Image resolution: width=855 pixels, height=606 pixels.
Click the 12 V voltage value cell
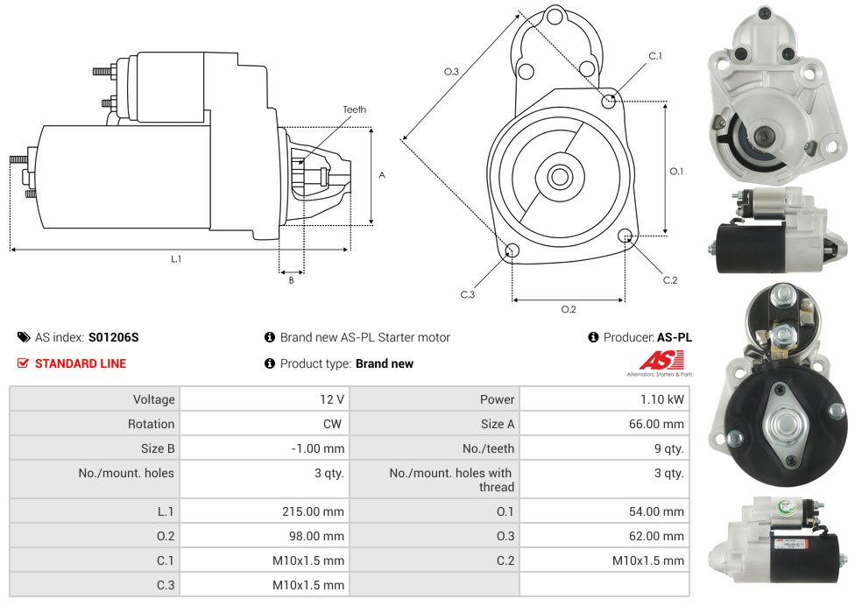coord(331,399)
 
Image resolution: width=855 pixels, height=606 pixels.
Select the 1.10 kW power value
coord(663,399)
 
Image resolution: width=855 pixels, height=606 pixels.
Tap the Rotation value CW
coord(333,424)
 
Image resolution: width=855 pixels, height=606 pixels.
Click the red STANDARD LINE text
coord(81,363)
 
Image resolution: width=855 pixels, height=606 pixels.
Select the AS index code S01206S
coord(114,337)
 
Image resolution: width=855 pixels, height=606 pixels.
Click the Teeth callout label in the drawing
coord(355,109)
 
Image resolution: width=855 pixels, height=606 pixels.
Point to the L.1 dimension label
coord(176,258)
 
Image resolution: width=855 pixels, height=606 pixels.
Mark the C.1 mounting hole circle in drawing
coord(609,101)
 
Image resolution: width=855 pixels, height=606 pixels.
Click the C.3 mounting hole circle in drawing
coord(512,252)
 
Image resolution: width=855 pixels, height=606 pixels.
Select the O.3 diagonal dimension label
coord(452,72)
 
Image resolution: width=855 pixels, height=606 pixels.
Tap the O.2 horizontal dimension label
coord(568,308)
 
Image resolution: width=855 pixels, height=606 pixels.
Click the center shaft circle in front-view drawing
coord(559,177)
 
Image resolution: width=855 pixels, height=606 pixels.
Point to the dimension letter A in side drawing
coord(381,175)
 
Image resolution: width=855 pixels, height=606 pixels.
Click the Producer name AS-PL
coord(674,337)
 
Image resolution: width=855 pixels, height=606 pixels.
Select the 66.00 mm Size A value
coord(660,424)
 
